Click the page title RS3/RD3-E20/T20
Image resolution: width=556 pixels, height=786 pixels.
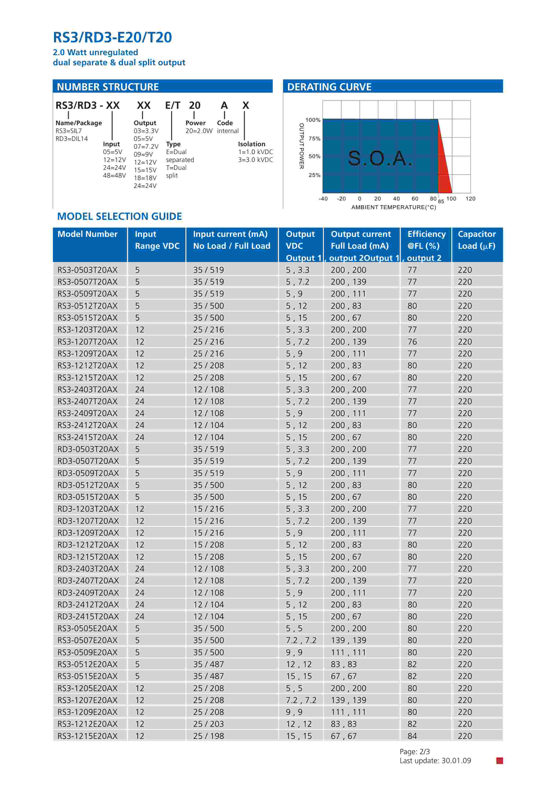112,37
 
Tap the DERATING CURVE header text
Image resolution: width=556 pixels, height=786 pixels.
329,87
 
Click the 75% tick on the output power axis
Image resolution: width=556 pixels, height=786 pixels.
314,139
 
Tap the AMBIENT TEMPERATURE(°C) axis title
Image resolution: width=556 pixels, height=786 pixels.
394,207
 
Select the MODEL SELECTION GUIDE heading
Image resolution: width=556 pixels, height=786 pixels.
120,216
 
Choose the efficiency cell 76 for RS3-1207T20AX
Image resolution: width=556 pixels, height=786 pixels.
412,342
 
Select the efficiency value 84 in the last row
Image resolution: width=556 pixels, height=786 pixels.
412,736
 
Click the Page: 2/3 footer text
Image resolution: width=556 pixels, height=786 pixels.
415,752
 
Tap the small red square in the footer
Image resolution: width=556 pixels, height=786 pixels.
499,761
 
